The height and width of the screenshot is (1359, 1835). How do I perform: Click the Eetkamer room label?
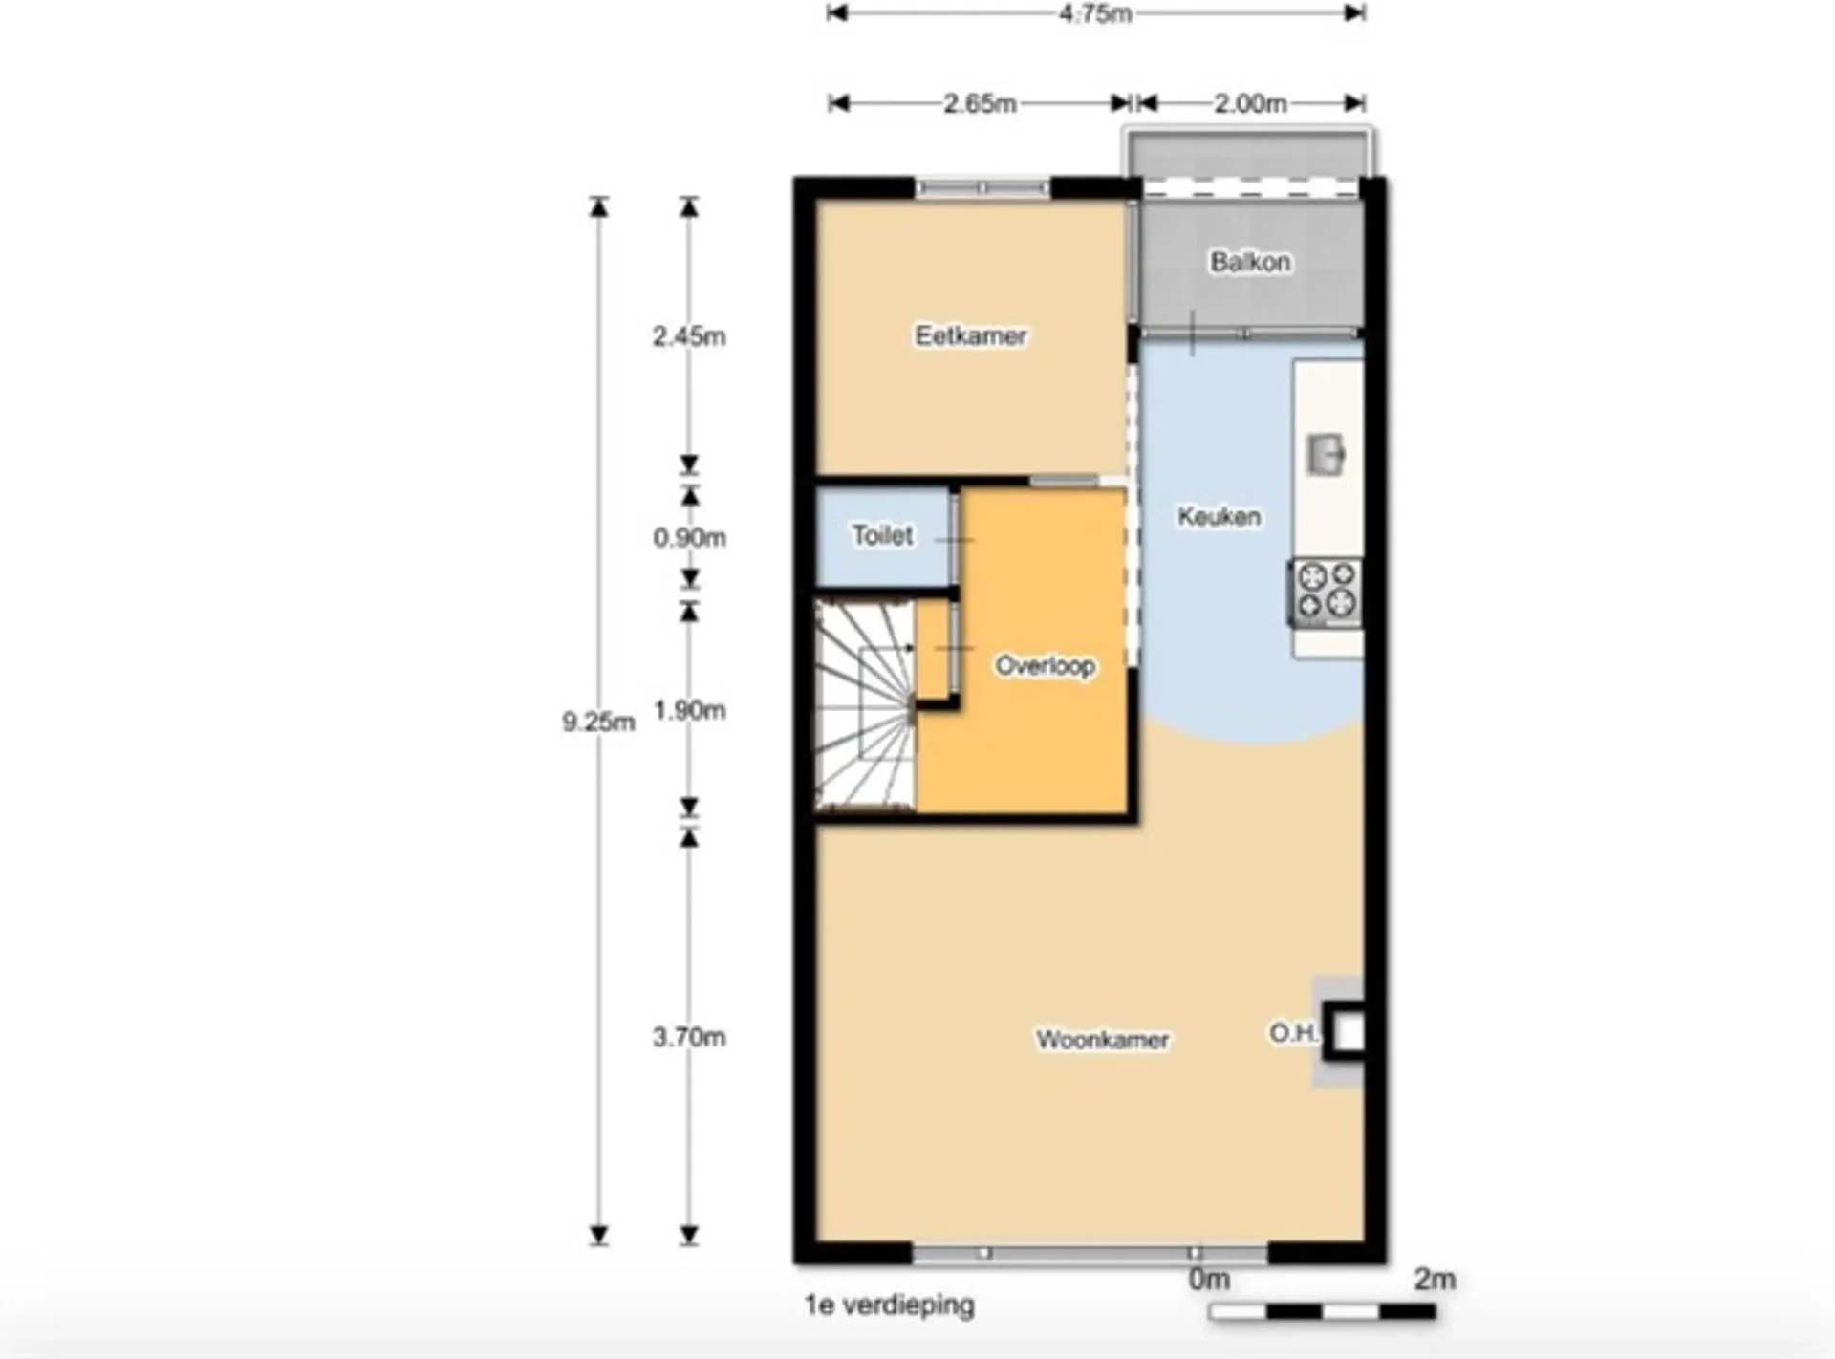click(x=971, y=335)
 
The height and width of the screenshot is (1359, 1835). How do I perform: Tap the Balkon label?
click(x=1250, y=262)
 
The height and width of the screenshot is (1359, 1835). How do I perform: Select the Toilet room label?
click(x=882, y=535)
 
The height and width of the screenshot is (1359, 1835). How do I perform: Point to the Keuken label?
click(x=1219, y=517)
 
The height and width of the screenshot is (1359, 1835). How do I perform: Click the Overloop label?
click(x=1045, y=665)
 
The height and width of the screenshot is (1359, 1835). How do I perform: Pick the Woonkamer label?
click(x=1103, y=1039)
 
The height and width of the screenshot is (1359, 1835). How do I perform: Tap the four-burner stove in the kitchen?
click(x=1327, y=592)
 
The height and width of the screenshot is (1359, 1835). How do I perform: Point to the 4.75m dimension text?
click(x=1095, y=13)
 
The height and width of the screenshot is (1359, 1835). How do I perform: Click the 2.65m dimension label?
click(x=980, y=103)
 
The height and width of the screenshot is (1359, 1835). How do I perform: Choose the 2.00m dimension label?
click(x=1250, y=103)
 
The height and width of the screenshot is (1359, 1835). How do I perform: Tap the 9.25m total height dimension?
click(x=598, y=722)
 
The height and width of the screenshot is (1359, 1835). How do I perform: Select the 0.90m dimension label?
click(x=689, y=537)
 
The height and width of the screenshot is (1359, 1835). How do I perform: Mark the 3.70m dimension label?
click(x=689, y=1037)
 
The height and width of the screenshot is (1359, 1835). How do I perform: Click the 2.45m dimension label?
click(x=689, y=336)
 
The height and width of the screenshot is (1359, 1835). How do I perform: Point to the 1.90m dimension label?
click(x=689, y=710)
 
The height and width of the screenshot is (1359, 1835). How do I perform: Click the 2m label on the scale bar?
click(x=1435, y=1279)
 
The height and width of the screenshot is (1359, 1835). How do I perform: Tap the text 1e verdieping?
click(x=890, y=1305)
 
